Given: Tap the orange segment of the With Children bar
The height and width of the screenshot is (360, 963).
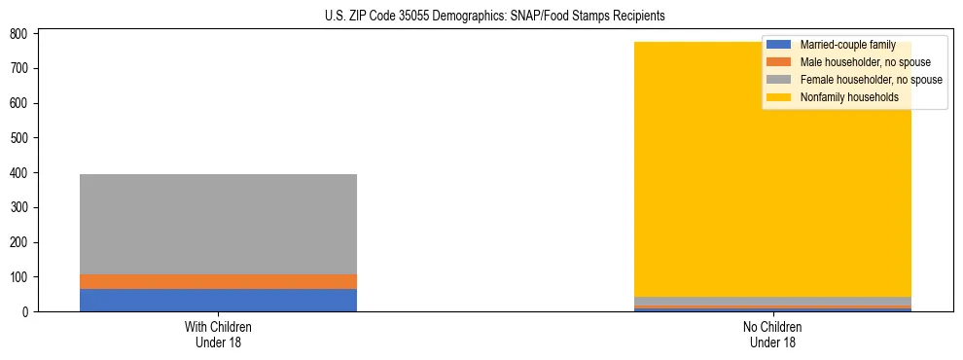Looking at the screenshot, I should click(x=218, y=281).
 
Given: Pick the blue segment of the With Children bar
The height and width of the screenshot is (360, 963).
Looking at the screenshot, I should click(x=218, y=300).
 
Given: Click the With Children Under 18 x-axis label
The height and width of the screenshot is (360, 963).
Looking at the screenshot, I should click(x=218, y=334).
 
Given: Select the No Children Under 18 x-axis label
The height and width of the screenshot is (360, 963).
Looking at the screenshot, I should click(x=772, y=334).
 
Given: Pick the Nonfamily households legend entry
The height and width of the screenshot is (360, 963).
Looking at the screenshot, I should click(x=849, y=97).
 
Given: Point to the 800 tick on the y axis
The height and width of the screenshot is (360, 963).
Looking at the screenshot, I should click(x=24, y=34).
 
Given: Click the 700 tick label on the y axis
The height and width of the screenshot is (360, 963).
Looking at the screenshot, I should click(x=24, y=68).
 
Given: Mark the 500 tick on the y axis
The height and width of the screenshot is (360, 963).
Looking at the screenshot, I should click(x=24, y=138).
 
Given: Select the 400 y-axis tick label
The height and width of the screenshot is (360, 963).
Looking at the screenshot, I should click(x=24, y=173).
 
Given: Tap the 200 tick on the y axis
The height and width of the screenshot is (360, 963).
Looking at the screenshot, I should click(x=24, y=242).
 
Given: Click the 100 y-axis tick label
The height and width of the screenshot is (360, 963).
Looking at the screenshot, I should click(x=24, y=277).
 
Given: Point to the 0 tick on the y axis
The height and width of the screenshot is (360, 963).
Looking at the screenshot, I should click(x=29, y=312).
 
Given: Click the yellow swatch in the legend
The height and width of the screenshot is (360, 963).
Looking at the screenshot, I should click(x=779, y=97).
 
